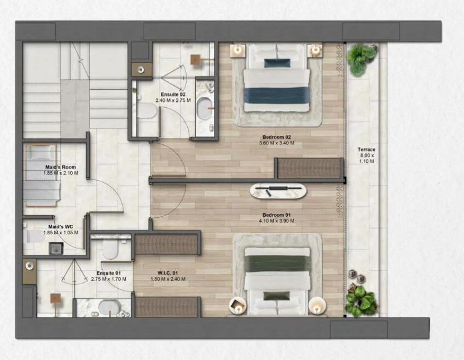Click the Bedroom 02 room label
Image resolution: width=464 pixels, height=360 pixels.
coord(277,137)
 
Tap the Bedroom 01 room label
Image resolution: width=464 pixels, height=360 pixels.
coord(277,215)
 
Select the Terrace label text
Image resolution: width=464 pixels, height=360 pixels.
coord(366,150)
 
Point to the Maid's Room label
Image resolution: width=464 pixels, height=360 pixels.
coord(61,167)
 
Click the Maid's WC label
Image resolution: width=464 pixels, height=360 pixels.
coord(60,226)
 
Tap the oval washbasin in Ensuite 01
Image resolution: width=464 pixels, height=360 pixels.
coord(108,308)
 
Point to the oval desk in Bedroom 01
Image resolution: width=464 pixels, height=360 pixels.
coord(278,191)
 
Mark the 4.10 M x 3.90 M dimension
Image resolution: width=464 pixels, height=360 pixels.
coord(277,221)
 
